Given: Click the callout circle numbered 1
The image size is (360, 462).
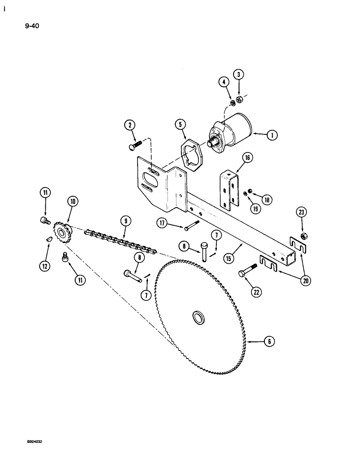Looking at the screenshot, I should [271, 135].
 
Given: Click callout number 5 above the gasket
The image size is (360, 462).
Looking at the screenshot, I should [180, 125].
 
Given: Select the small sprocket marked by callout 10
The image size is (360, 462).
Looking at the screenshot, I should [60, 230].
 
